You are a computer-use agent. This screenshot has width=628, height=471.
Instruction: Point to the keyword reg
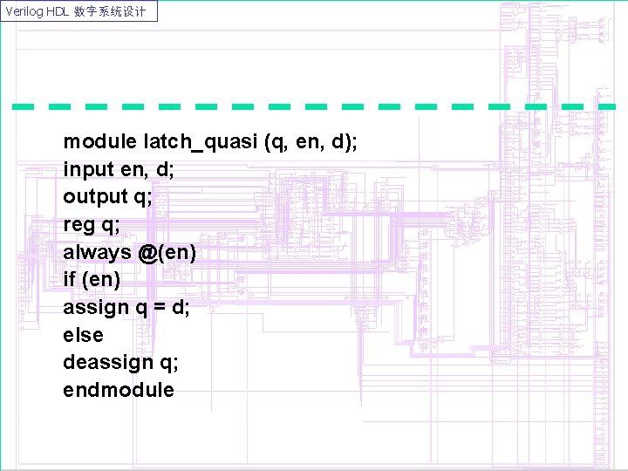[x=79, y=225]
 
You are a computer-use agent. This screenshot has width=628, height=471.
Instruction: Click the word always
[x=96, y=253]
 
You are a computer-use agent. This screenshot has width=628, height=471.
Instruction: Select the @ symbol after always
[x=146, y=253]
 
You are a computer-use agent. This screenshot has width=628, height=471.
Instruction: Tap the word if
[x=69, y=281]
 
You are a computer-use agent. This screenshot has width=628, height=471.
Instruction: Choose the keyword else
[x=83, y=336]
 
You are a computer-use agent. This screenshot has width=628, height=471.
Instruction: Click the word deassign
[x=107, y=364]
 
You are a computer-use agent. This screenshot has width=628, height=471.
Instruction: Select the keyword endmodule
[x=119, y=391]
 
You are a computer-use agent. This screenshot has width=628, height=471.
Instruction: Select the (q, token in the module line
[x=279, y=141]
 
